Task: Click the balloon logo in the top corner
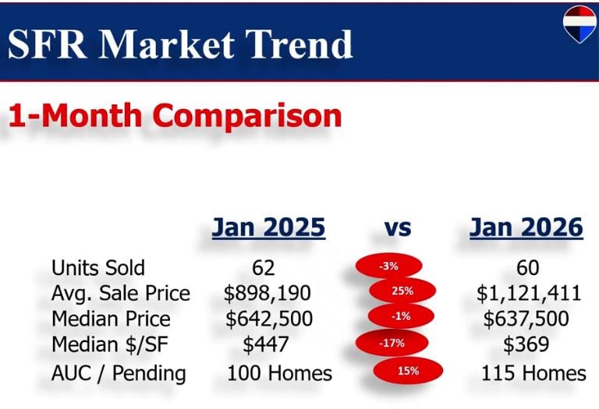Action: point(580,23)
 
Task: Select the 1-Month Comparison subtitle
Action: point(175,115)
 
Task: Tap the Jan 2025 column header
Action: point(268,227)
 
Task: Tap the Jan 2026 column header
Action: point(526,227)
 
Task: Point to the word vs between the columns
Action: point(398,227)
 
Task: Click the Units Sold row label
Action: point(98,267)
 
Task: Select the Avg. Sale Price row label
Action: point(121,293)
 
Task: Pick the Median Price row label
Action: point(111,319)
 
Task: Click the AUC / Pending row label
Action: point(119,372)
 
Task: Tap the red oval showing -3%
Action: point(388,266)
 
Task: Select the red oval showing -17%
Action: point(392,343)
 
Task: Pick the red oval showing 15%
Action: point(408,371)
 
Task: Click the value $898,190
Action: point(268,293)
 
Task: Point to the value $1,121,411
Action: point(528,293)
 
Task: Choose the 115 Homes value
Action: point(533,372)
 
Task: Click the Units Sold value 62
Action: point(264,267)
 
